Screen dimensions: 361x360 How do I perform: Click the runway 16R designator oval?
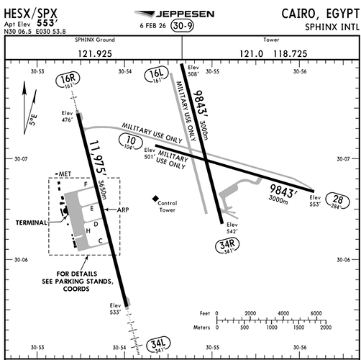pos(68,81)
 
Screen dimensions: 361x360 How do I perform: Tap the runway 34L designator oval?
pos(158,345)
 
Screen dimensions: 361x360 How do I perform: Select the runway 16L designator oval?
pos(156,75)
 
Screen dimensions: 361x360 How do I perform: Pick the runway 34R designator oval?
pos(227,246)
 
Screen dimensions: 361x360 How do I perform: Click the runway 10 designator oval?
pos(131,142)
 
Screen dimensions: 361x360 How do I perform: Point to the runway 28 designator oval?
pos(337,201)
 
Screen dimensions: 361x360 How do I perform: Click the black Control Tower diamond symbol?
pos(155,199)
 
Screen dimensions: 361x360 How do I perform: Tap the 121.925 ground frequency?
pos(95,53)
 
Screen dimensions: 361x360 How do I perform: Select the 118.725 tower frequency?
pos(291,53)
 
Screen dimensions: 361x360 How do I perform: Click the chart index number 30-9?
pos(183,26)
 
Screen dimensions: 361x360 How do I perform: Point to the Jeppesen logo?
pos(174,14)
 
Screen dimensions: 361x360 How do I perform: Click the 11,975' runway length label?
pos(98,157)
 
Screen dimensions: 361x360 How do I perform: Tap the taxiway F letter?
pos(86,184)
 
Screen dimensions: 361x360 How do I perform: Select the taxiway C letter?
pos(101,240)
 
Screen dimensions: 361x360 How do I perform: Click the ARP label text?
pos(123,210)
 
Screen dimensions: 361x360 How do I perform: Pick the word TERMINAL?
pos(32,222)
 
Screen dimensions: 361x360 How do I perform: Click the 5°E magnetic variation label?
pos(33,120)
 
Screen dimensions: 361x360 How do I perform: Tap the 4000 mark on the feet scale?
pos(283,313)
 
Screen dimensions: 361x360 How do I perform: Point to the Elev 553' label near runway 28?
pos(315,201)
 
